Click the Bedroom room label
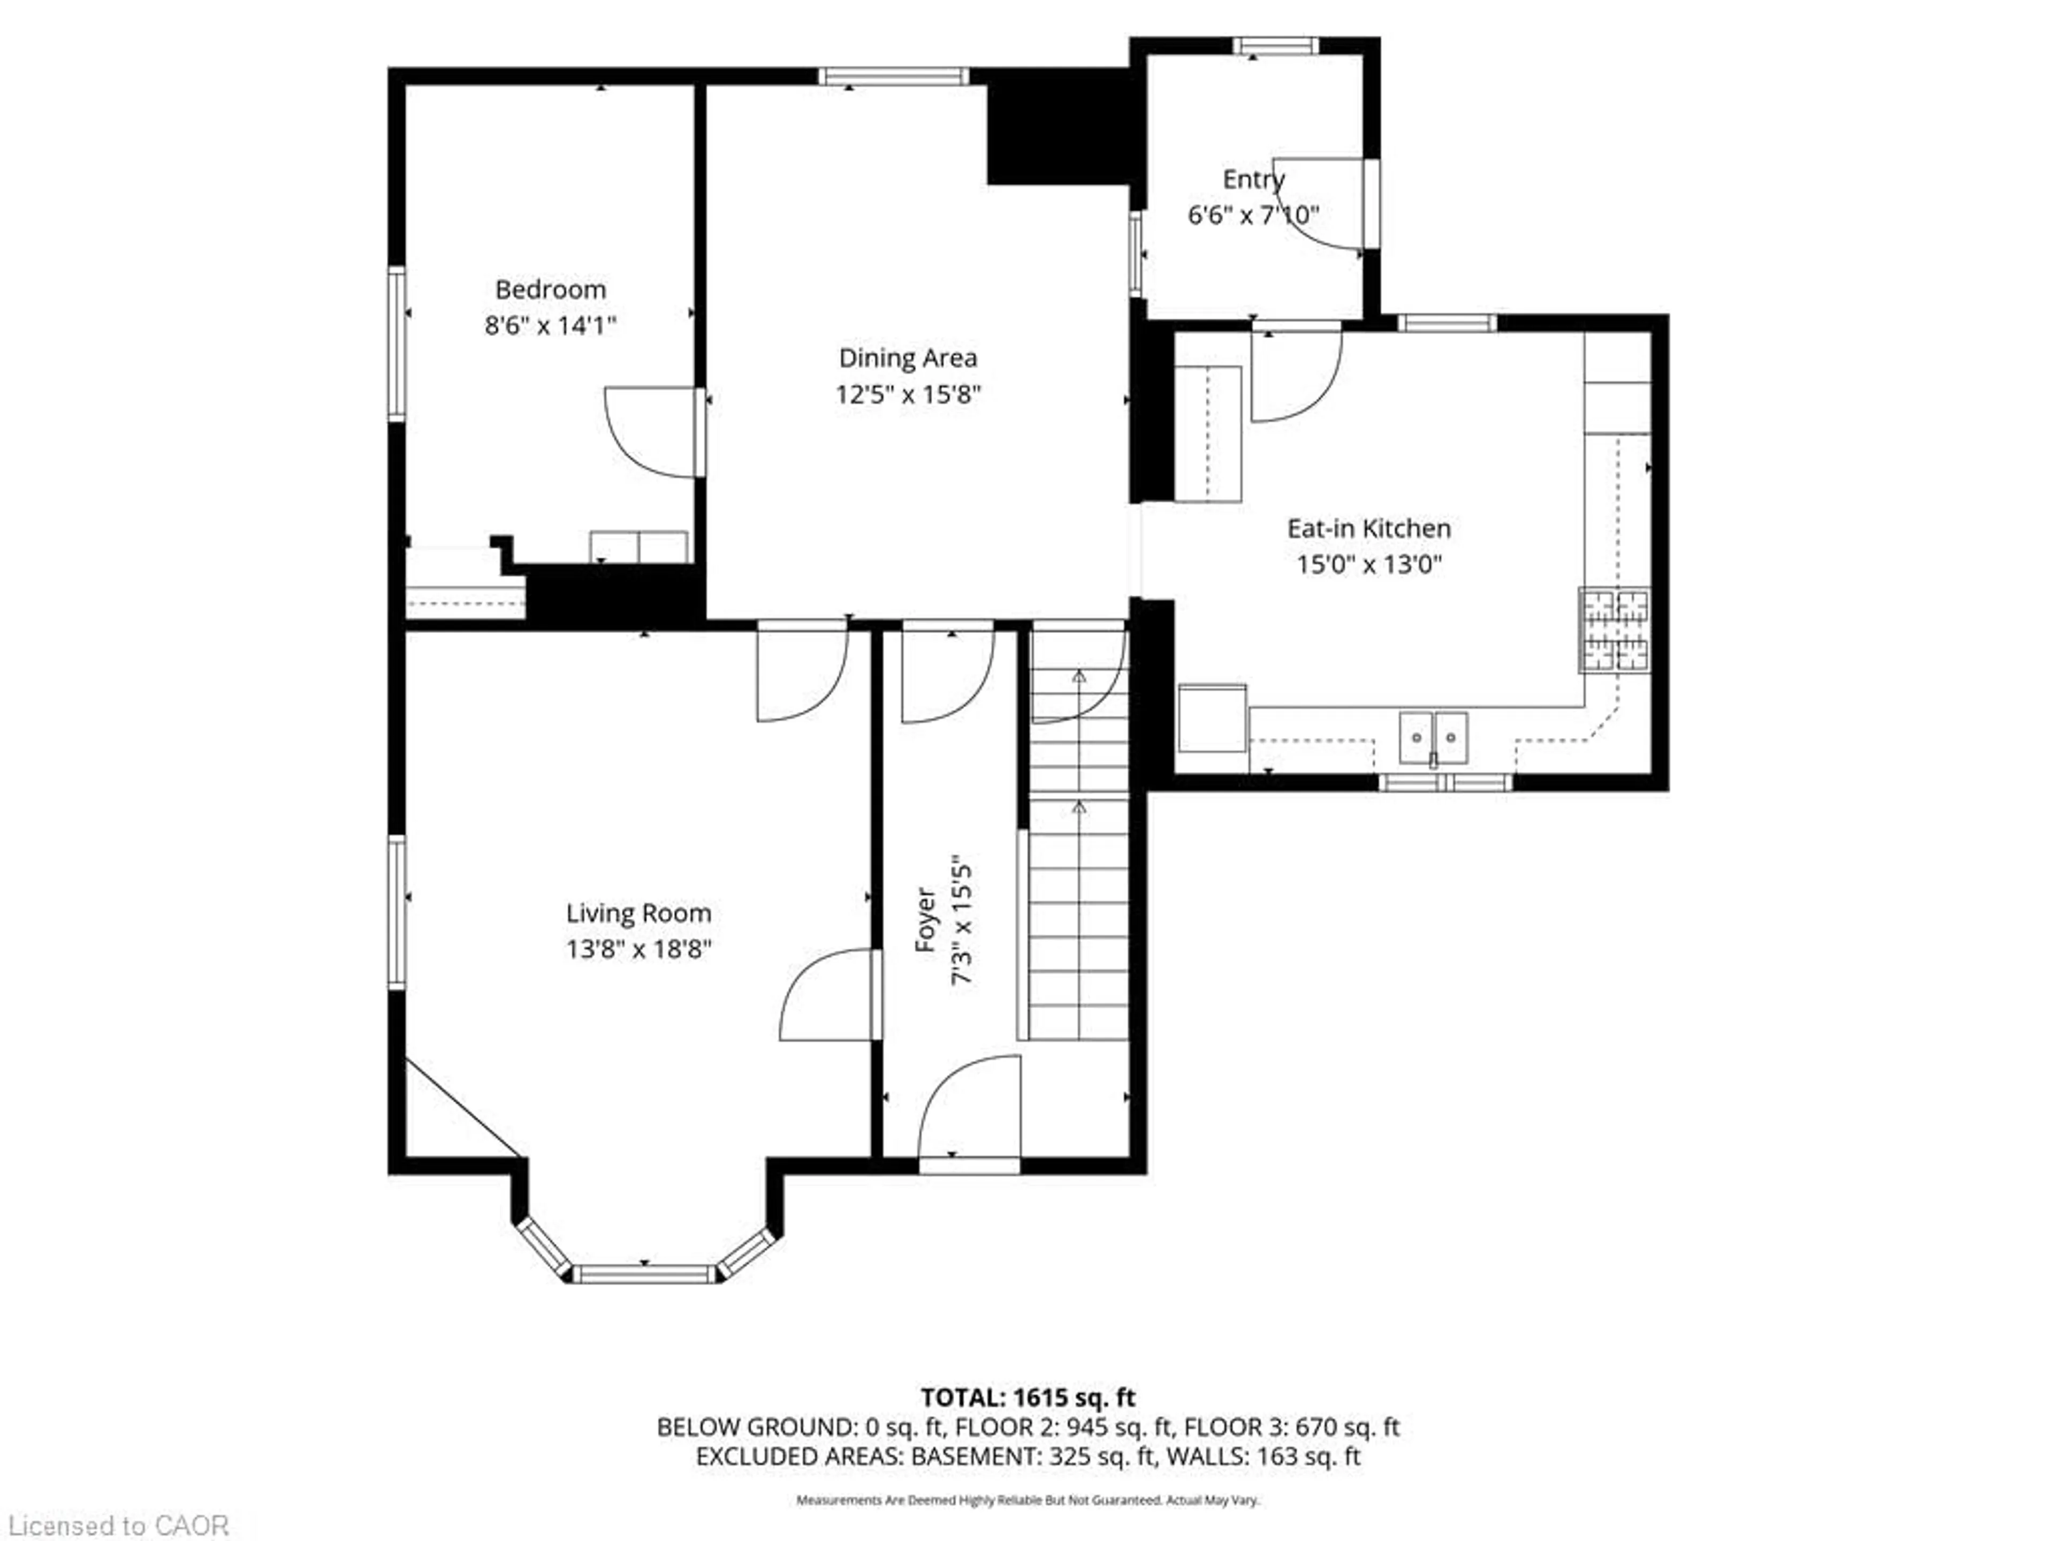[550, 290]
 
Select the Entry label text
[1253, 179]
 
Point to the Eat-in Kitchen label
[1368, 529]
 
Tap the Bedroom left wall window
[397, 344]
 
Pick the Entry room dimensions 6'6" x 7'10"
[1253, 216]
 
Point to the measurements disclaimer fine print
[1027, 1499]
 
